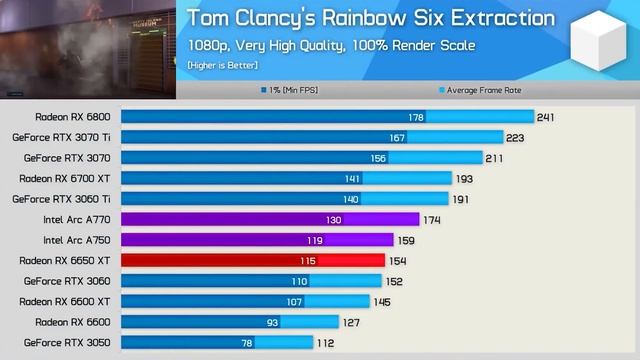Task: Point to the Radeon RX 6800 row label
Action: click(73, 117)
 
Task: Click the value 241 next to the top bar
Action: click(545, 117)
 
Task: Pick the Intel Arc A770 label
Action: click(77, 219)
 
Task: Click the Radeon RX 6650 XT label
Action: click(65, 260)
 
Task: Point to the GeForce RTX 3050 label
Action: click(67, 342)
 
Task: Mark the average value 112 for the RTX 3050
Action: click(325, 342)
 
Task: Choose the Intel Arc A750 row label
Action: click(77, 240)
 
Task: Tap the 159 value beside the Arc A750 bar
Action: click(406, 240)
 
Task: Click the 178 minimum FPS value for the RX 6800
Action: click(416, 117)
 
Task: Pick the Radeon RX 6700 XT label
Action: click(65, 178)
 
